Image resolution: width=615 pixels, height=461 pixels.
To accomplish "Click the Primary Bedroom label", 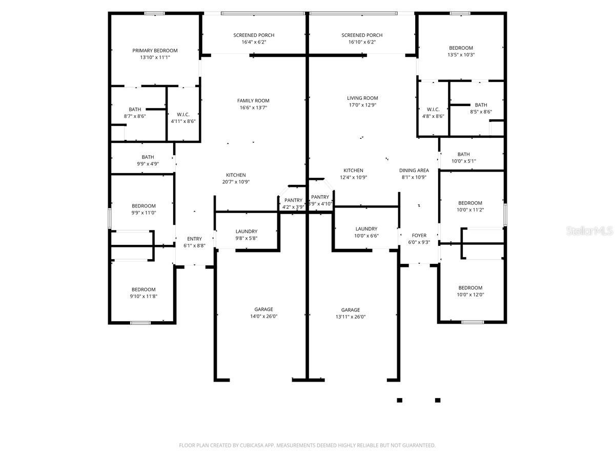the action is pos(155,51).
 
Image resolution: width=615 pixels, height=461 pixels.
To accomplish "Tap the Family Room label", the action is pos(253,101).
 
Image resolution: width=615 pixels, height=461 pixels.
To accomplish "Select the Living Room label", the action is pos(362,98).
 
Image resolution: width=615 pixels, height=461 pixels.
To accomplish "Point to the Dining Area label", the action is pos(414,171).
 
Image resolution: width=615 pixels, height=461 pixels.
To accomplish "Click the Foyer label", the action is pos(419,236).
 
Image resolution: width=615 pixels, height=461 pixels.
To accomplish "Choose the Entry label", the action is pos(194,239).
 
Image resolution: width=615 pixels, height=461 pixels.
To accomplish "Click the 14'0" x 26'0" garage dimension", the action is pos(263,316).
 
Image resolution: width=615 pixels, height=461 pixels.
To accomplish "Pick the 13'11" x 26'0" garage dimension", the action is pos(351,317).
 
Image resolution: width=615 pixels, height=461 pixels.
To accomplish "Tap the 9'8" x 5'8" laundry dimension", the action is pos(247,239).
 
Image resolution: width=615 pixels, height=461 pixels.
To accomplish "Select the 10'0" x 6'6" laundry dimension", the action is pos(366,236).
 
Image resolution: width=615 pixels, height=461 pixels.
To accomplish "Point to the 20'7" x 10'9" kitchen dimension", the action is pos(236,182).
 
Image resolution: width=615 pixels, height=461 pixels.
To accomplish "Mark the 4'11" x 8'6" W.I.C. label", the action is pos(183,118).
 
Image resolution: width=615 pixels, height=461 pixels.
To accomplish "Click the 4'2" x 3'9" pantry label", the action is pos(293,204).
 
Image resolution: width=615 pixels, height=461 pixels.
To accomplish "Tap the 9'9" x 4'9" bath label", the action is pos(148,161).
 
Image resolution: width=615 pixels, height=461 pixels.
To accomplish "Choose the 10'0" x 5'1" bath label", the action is pos(463,158).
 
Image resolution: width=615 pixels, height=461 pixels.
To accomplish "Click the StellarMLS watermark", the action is pos(589,231).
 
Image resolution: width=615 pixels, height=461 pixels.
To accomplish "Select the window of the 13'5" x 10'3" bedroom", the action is pos(460,13).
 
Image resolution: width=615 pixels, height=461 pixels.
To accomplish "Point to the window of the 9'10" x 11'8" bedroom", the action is pos(140,323).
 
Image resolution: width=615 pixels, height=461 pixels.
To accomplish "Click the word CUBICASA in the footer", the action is pos(252,445).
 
